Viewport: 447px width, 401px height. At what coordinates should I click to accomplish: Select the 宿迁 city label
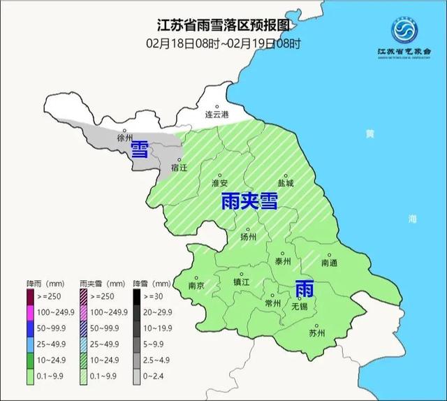coord(179,169)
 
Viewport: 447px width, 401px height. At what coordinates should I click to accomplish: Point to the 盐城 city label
coord(286,183)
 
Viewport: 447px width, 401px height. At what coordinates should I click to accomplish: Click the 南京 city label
coord(197,286)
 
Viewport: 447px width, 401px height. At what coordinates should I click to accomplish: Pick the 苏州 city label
coord(316,333)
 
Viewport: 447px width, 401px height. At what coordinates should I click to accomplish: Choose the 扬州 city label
coord(248,238)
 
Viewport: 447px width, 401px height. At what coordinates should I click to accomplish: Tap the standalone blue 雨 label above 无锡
coord(304,288)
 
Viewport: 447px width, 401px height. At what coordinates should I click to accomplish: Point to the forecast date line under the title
coord(223,43)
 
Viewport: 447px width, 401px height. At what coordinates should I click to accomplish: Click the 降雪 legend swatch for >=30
coord(138,296)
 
